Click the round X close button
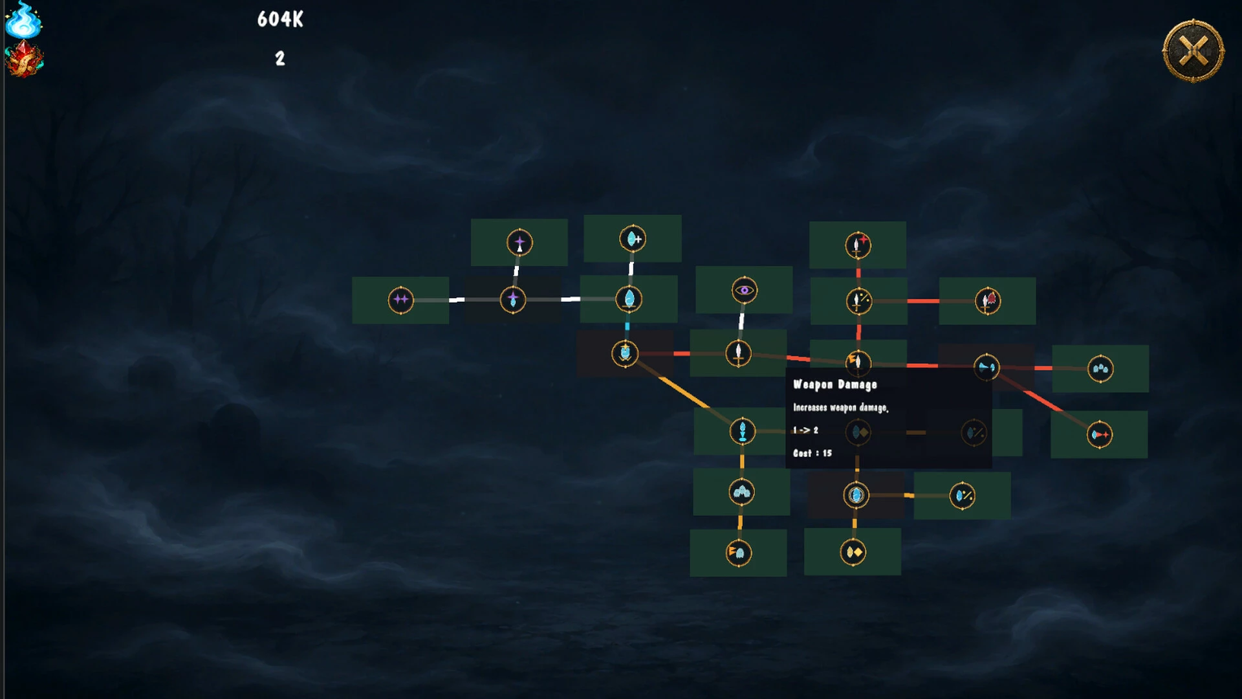(1193, 51)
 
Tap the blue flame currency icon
(23, 20)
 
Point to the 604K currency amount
(280, 19)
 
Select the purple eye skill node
(745, 290)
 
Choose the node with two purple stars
(400, 300)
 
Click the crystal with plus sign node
(633, 239)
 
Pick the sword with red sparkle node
(858, 245)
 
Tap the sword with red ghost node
(988, 300)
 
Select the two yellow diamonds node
(853, 552)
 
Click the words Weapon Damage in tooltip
(835, 384)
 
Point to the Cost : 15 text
(812, 453)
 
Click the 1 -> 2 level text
(806, 430)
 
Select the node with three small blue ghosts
(1100, 369)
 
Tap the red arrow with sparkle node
(1100, 434)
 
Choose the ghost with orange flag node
(739, 553)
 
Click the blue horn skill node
(986, 367)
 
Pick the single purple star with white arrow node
(519, 243)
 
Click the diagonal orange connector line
(684, 392)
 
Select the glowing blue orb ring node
(856, 495)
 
